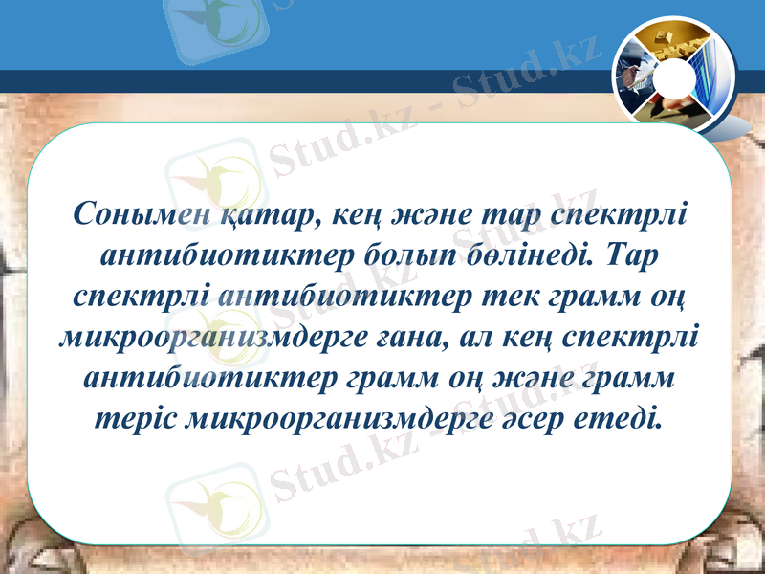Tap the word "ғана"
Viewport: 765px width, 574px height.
[x=407, y=338]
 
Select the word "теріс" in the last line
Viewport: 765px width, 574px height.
[x=137, y=419]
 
